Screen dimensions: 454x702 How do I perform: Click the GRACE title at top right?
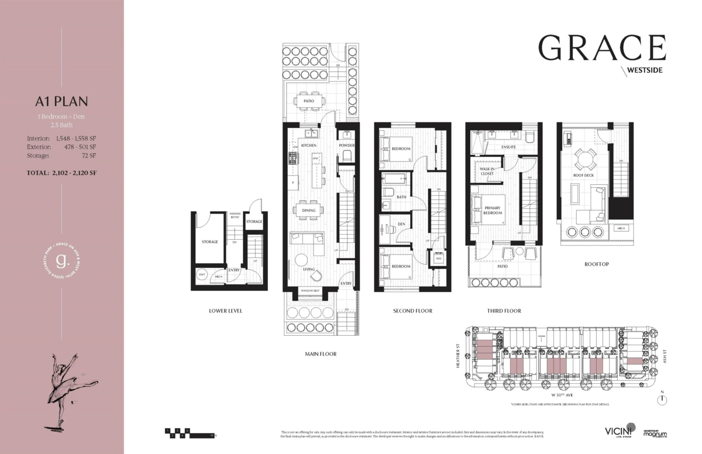pyautogui.click(x=602, y=48)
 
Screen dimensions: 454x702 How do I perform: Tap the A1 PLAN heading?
pyautogui.click(x=61, y=101)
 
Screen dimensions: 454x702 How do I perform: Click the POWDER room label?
pyautogui.click(x=346, y=145)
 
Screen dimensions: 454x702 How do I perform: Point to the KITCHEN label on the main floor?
pyautogui.click(x=308, y=145)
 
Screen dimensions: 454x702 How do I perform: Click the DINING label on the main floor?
pyautogui.click(x=308, y=211)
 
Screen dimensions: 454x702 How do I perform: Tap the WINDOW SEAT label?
pyautogui.click(x=310, y=291)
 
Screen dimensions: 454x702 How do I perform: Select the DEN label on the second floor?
pyautogui.click(x=401, y=223)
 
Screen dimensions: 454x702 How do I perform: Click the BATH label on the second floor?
pyautogui.click(x=401, y=197)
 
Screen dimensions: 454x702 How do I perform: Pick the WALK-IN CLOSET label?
pyautogui.click(x=487, y=171)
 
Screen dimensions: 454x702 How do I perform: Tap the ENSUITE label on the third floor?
pyautogui.click(x=508, y=147)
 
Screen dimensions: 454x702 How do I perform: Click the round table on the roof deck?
pyautogui.click(x=583, y=159)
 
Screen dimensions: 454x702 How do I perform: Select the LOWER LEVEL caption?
pyautogui.click(x=225, y=311)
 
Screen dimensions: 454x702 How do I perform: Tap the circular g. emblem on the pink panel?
pyautogui.click(x=61, y=259)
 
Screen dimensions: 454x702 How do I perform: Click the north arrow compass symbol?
pyautogui.click(x=662, y=400)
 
